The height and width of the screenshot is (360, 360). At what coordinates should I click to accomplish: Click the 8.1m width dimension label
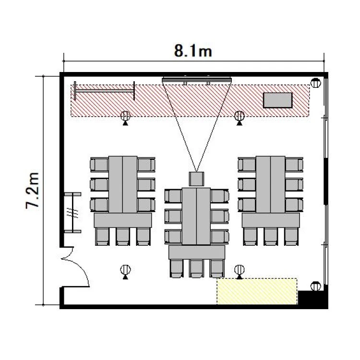(193, 51)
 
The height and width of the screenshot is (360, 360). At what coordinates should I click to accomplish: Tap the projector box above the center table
(196, 179)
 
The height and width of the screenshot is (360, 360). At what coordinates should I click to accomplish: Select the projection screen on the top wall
(197, 80)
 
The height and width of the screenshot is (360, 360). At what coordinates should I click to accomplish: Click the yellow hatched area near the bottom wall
(257, 291)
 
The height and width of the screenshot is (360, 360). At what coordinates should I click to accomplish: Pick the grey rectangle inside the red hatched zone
(278, 100)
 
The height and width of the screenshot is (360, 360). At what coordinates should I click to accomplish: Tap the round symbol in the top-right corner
(315, 83)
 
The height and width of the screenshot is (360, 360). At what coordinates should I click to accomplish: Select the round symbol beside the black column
(315, 286)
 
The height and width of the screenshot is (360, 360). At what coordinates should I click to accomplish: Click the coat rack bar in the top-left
(105, 91)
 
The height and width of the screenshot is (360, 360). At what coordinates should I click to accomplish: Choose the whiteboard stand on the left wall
(73, 213)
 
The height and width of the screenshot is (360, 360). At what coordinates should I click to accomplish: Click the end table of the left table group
(123, 220)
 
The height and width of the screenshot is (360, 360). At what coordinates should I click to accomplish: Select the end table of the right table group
(271, 220)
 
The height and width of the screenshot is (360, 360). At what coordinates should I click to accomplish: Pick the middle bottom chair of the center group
(196, 269)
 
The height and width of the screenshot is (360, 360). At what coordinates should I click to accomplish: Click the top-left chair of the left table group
(99, 165)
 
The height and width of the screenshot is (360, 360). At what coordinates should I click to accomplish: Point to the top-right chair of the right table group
(294, 165)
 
